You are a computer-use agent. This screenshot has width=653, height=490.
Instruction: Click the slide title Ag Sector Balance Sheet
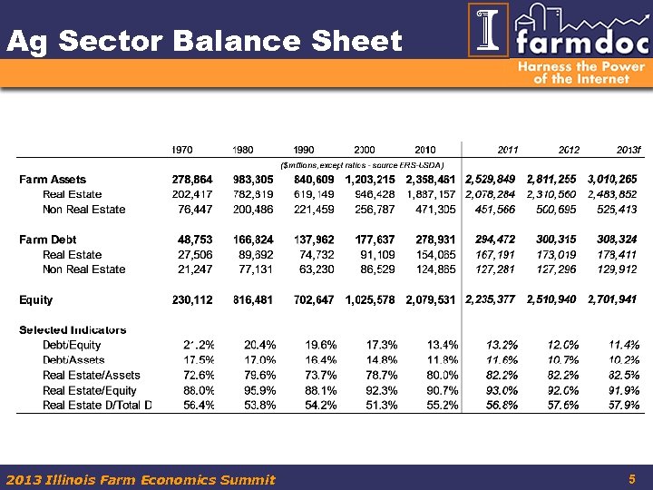[x=204, y=41]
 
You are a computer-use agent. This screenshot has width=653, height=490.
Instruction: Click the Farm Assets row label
[x=53, y=180]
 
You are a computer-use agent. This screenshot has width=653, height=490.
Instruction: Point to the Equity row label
[x=36, y=299]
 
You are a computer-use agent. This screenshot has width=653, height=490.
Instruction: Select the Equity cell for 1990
[x=312, y=299]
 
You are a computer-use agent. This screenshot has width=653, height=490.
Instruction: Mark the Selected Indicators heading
[x=73, y=329]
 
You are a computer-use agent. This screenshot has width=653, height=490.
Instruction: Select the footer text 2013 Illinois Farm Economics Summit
[x=141, y=479]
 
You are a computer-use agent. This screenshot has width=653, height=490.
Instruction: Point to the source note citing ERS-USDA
[x=363, y=164]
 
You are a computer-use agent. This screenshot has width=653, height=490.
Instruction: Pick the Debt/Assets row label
[x=73, y=360]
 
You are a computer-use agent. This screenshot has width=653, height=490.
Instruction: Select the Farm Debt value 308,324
[x=615, y=240]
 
